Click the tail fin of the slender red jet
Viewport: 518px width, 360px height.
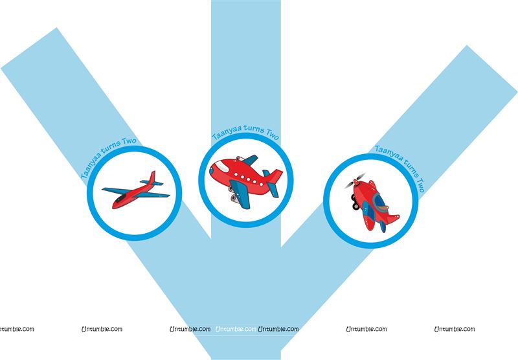pyautogui.click(x=152, y=177)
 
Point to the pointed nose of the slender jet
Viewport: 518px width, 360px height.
pyautogui.click(x=113, y=207)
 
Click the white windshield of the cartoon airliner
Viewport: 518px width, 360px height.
pyautogui.click(x=221, y=166)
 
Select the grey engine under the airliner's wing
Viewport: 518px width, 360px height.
pyautogui.click(x=235, y=199)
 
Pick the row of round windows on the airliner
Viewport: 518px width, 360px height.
pyautogui.click(x=248, y=178)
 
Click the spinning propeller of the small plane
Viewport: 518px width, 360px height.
pyautogui.click(x=355, y=181)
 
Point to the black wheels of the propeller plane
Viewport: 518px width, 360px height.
pyautogui.click(x=355, y=202)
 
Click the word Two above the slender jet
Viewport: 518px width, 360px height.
pyautogui.click(x=129, y=142)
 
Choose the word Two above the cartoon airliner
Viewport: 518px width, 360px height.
pyautogui.click(x=272, y=134)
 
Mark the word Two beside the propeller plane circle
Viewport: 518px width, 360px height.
pyautogui.click(x=420, y=185)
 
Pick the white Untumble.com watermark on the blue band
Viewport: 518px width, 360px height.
pyautogui.click(x=236, y=330)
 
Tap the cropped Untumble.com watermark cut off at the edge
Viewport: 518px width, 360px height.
pyautogui.click(x=17, y=330)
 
